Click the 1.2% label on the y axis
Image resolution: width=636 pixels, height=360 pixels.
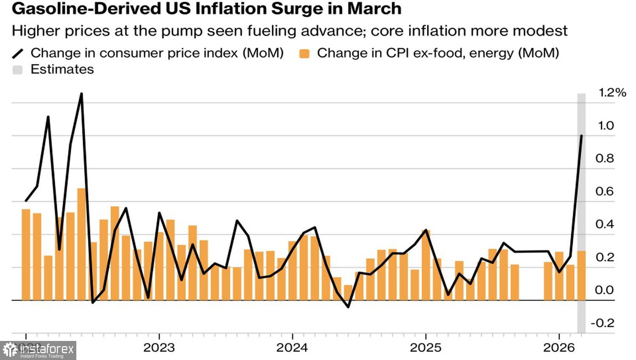pyautogui.click(x=612, y=93)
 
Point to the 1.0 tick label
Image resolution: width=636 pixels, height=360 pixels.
pyautogui.click(x=605, y=125)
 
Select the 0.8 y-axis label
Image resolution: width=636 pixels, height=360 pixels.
pyautogui.click(x=605, y=158)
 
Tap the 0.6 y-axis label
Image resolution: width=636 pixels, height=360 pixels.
pyautogui.click(x=605, y=191)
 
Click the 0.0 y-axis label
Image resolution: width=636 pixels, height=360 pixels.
pyautogui.click(x=605, y=290)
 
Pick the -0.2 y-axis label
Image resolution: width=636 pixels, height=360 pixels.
pyautogui.click(x=603, y=323)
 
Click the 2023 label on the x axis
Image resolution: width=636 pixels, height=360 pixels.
pyautogui.click(x=159, y=348)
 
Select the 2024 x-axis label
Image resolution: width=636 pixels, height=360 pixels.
pyautogui.click(x=292, y=348)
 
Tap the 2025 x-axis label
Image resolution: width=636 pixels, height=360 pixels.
pyautogui.click(x=426, y=348)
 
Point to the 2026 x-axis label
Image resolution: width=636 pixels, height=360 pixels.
pyautogui.click(x=559, y=348)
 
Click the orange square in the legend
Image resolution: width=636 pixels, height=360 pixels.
pyautogui.click(x=304, y=53)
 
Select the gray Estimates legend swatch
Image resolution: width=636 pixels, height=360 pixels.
pyautogui.click(x=17, y=70)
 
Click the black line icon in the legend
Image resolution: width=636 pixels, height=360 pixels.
pyautogui.click(x=18, y=53)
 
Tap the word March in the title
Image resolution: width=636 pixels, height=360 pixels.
pyautogui.click(x=377, y=8)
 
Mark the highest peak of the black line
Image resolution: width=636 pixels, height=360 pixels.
pyautogui.click(x=81, y=94)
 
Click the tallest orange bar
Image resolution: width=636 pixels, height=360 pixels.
pyautogui.click(x=81, y=244)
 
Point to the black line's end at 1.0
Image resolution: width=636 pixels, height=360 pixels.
pyautogui.click(x=581, y=136)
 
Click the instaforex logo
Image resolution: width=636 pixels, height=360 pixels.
pyautogui.click(x=38, y=350)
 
